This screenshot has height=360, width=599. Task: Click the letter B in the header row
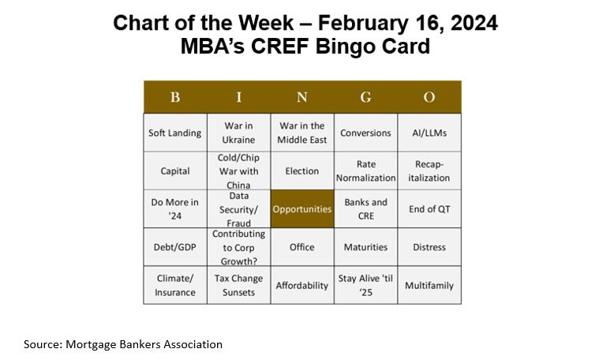pos(174,97)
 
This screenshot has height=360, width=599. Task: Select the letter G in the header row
pos(365,97)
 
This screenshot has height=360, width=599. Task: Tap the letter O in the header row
pos(429,97)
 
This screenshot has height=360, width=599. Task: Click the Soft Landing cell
pos(174,133)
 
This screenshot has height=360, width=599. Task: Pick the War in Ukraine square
pos(239,133)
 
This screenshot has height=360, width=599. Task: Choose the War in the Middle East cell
pos(302,133)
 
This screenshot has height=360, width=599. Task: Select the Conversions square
pos(365,133)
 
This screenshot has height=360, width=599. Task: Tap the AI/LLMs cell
pos(429,133)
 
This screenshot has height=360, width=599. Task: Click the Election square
pos(302,171)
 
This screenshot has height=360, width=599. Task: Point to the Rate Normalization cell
pos(365,171)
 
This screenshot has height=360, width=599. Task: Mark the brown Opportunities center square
pos(302,209)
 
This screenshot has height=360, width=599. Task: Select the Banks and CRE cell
pos(365,209)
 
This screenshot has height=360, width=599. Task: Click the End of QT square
pos(429,209)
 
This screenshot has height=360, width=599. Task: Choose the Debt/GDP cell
pos(174,247)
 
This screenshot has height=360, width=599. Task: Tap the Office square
pos(302,247)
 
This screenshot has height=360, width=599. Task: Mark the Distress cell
pos(429,247)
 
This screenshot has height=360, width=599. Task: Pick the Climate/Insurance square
pos(174,285)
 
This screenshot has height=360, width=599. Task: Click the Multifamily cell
pos(429,285)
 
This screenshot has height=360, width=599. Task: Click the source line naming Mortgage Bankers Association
pos(123,344)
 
